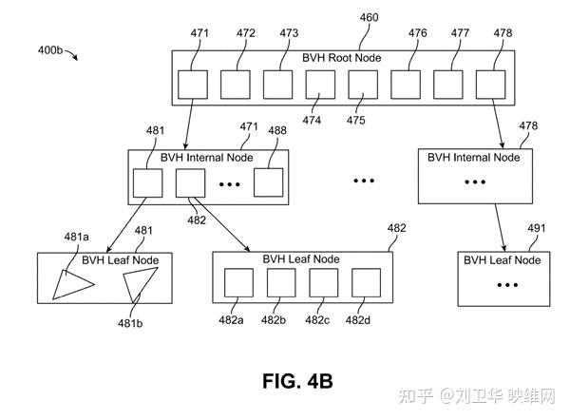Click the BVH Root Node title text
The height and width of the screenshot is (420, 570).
pyautogui.click(x=341, y=58)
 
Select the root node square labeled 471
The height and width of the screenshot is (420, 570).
pyautogui.click(x=193, y=85)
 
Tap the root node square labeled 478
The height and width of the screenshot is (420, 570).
pyautogui.click(x=490, y=85)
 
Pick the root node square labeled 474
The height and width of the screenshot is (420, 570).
pyautogui.click(x=320, y=85)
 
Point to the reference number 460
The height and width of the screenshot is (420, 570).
pyautogui.click(x=369, y=17)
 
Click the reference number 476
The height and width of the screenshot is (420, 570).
pyautogui.click(x=417, y=33)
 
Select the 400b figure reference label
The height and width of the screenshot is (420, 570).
pyautogui.click(x=50, y=49)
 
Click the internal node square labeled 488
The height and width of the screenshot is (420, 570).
pyautogui.click(x=268, y=182)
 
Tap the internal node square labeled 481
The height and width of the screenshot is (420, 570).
pyautogui.click(x=147, y=182)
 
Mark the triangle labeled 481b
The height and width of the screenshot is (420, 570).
pyautogui.click(x=140, y=283)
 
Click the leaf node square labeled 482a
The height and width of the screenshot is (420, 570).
pyautogui.click(x=238, y=282)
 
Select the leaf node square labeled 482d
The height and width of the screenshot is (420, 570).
pyautogui.click(x=366, y=282)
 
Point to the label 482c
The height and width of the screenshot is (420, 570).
pyautogui.click(x=317, y=320)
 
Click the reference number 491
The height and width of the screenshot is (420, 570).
pyautogui.click(x=537, y=228)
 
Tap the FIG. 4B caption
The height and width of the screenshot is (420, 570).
pyautogui.click(x=297, y=381)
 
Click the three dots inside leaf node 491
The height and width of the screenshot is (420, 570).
pyautogui.click(x=507, y=285)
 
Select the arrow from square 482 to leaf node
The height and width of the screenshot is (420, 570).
pyautogui.click(x=222, y=224)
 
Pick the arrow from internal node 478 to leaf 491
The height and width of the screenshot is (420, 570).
pyautogui.click(x=500, y=228)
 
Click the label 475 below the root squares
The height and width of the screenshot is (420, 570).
pyautogui.click(x=355, y=120)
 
